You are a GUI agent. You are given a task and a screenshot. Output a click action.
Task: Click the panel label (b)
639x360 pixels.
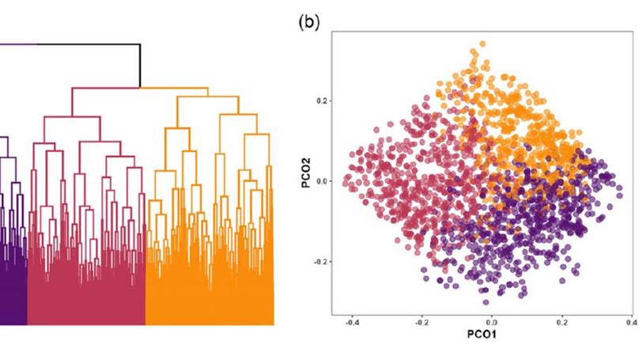(308, 22)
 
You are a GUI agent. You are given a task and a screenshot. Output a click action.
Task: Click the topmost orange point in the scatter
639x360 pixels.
(482, 44)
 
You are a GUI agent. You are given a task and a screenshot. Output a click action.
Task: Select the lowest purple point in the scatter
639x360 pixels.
(486, 301)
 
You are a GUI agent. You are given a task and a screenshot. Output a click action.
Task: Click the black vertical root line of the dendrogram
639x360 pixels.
(140, 66)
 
